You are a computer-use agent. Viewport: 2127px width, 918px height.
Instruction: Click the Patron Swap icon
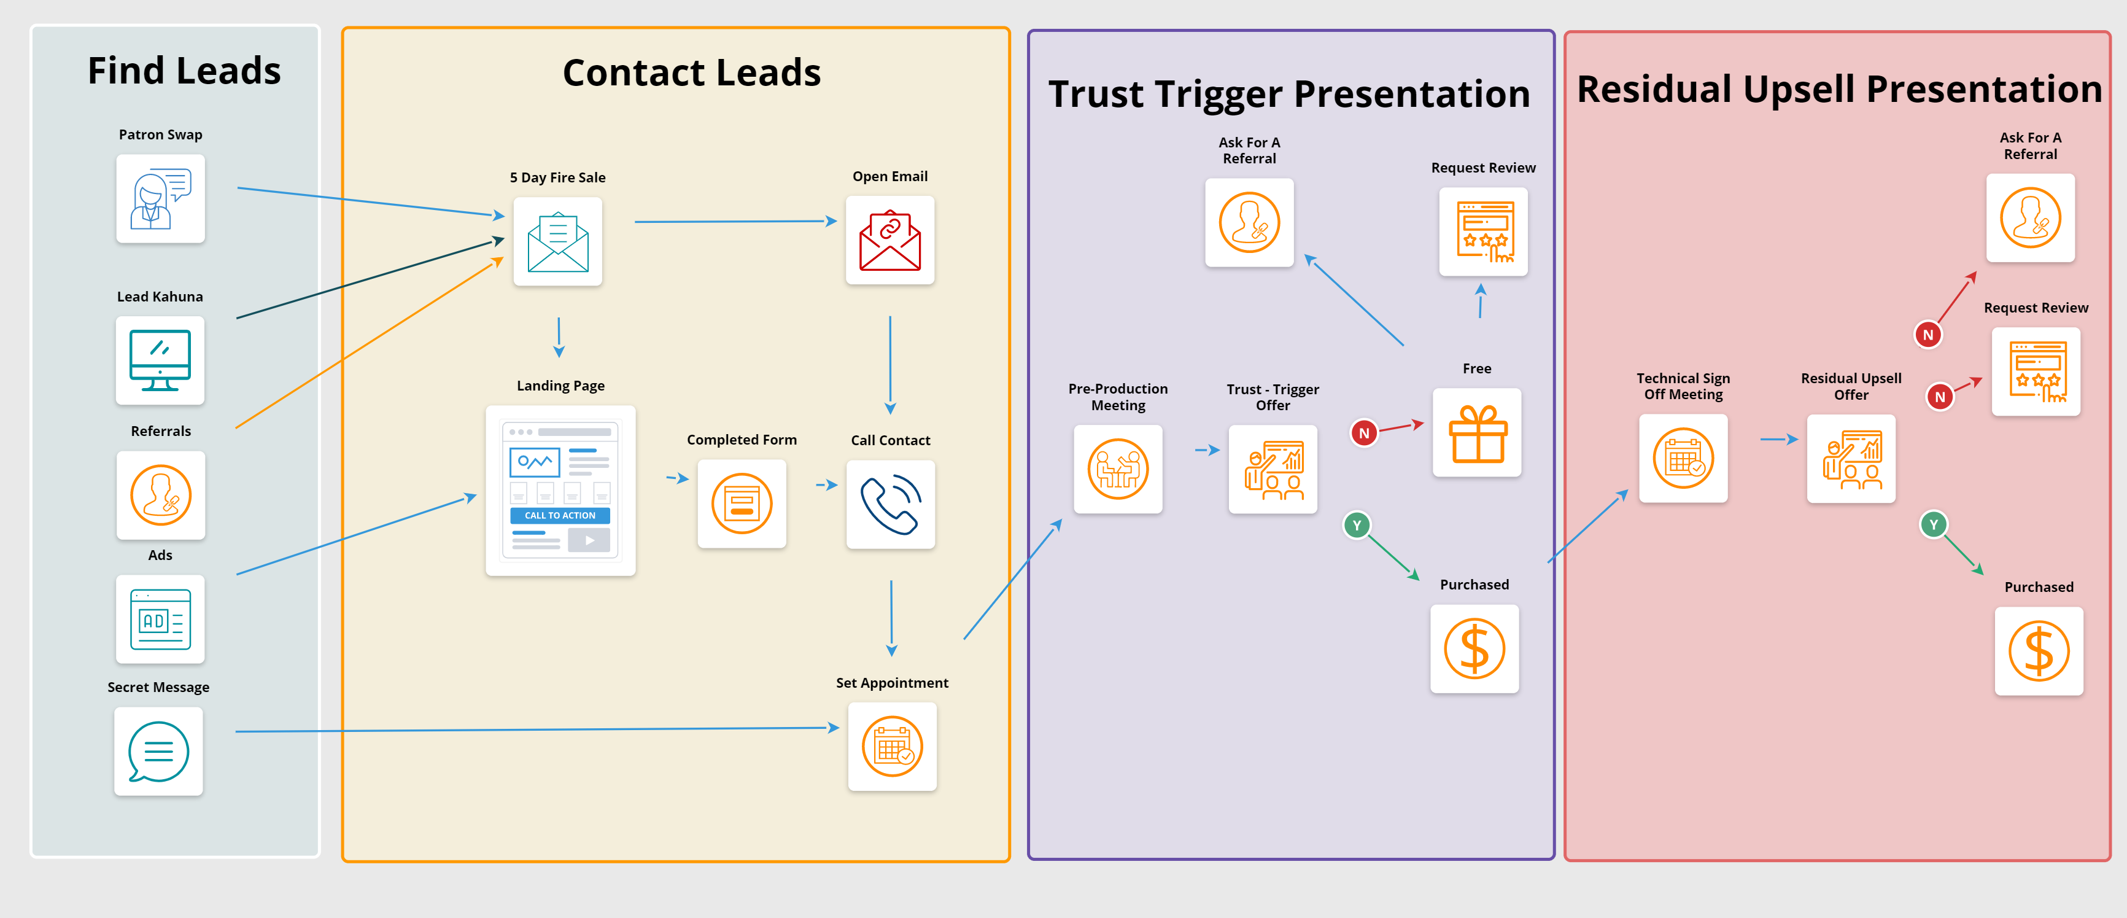click(x=160, y=199)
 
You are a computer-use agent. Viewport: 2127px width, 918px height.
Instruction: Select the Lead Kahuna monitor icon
click(x=160, y=360)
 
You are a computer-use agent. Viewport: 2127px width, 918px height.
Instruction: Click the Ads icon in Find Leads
click(x=160, y=619)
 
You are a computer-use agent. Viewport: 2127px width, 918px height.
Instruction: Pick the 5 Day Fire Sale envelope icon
click(x=557, y=241)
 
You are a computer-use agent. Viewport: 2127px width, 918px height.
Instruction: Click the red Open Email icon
click(x=889, y=241)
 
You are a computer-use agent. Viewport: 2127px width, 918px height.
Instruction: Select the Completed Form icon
click(x=742, y=503)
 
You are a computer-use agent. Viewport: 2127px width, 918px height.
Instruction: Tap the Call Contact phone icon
click(x=890, y=504)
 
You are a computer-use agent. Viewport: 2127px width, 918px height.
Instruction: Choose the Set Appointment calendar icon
click(x=892, y=746)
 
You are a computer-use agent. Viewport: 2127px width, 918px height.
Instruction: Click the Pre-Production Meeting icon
click(x=1117, y=469)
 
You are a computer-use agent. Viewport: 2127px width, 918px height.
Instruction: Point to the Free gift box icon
click(x=1477, y=433)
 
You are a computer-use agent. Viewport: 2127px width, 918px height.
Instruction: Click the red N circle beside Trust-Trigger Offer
click(x=1364, y=432)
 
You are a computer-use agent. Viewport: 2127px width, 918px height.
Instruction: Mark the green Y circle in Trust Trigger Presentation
click(x=1357, y=526)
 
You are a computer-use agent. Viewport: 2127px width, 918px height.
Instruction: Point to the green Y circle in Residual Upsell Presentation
click(x=1933, y=524)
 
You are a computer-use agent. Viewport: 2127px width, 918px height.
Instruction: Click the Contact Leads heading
click(x=691, y=72)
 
